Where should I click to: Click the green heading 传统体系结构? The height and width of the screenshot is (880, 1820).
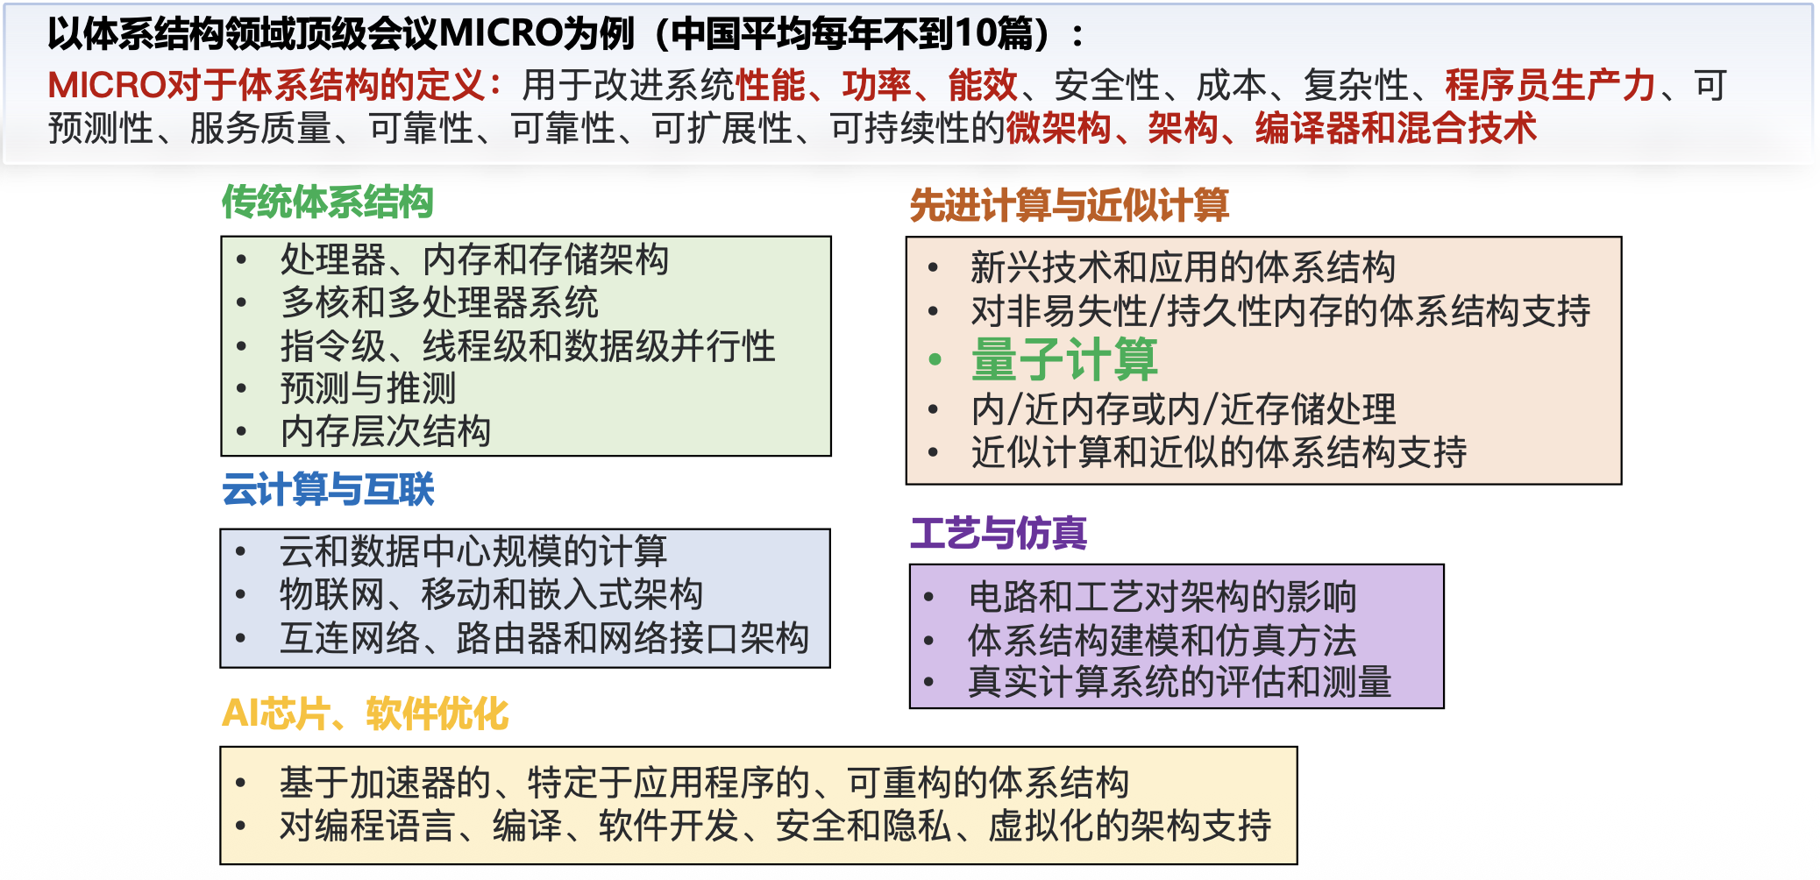coord(327,202)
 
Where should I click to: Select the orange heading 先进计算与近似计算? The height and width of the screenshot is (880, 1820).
coord(1069,205)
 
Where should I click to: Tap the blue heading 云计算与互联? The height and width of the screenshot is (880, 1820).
coord(328,489)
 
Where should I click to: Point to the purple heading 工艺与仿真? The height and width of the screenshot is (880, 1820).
coord(999,533)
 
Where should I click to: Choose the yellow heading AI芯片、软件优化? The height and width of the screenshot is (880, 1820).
coord(365,713)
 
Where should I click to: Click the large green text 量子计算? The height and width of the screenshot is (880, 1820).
coord(1064,359)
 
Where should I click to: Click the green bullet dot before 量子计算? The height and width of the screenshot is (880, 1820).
coord(935,359)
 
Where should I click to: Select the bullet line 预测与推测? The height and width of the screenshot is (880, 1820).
coord(368,388)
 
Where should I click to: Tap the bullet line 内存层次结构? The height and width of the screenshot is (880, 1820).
coord(386,431)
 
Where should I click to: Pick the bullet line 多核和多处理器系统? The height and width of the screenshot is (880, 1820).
coord(439,302)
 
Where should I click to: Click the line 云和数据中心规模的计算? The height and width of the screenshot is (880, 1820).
coord(473,551)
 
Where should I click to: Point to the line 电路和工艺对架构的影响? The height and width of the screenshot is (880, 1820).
coord(1162,597)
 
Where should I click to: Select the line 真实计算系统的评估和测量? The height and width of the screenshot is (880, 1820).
coord(1180,682)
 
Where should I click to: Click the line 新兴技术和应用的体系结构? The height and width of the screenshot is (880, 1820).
coord(1184,267)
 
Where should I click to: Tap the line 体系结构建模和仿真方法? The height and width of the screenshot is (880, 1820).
coord(1162,640)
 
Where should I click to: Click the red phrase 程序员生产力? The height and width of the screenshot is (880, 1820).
coord(1550,85)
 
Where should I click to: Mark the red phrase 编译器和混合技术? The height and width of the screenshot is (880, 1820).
coord(1396,128)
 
